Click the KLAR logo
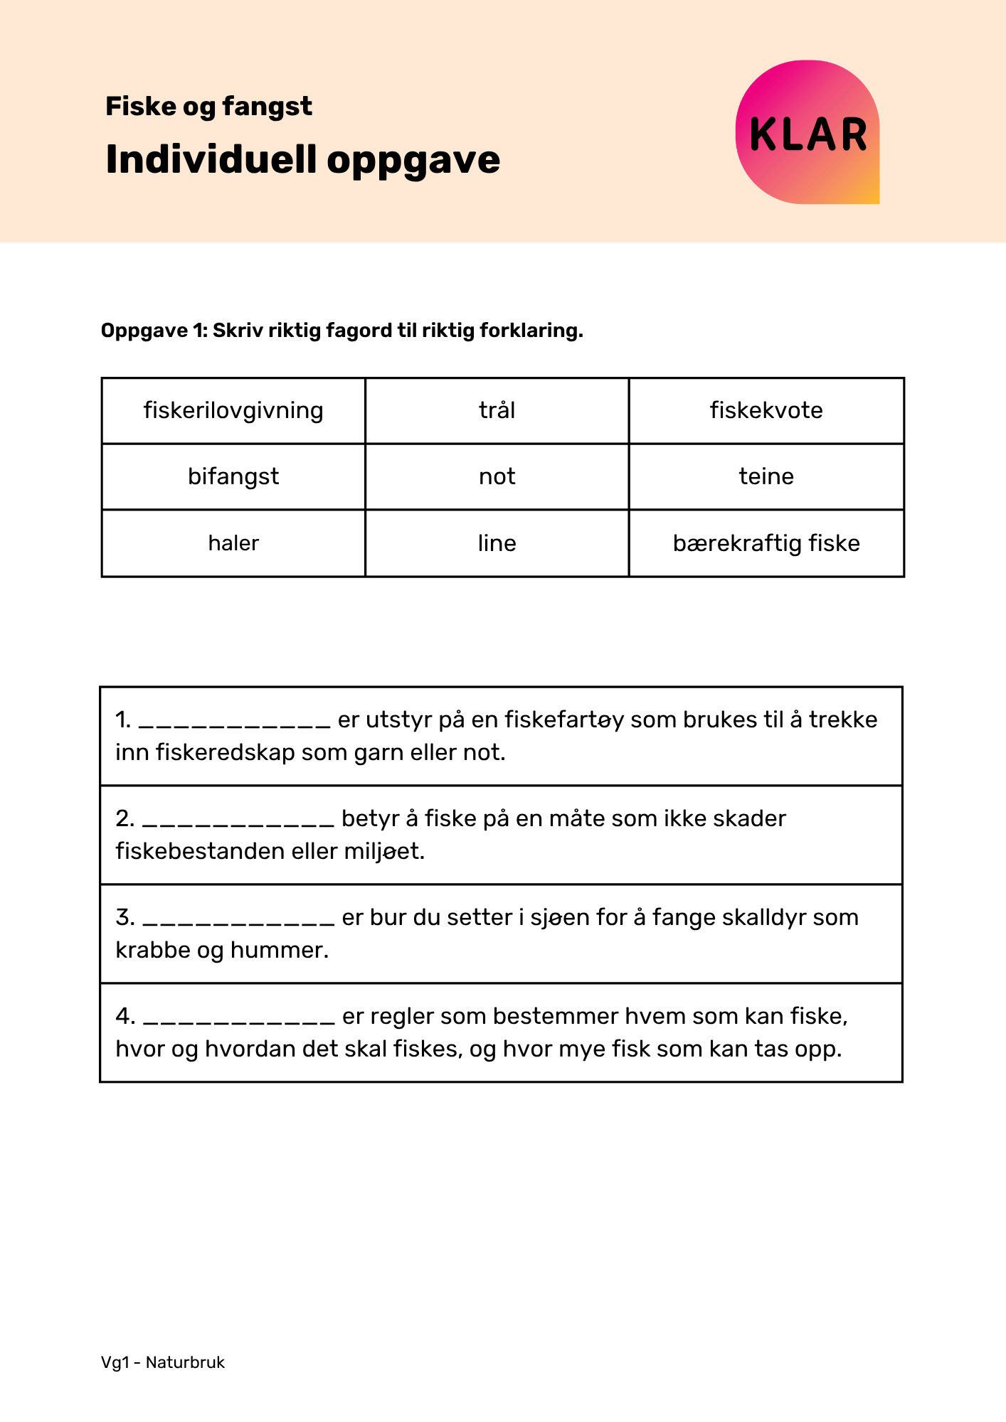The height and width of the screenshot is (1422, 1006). point(808,133)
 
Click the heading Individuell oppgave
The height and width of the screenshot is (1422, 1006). point(302,159)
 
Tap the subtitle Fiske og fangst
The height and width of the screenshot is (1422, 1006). point(208,107)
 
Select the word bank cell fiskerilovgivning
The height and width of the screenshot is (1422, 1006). point(233,411)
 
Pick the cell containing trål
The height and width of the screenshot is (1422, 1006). point(497,411)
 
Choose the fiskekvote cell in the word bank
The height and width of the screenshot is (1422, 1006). point(766,411)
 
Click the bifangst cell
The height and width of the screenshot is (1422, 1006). point(233,476)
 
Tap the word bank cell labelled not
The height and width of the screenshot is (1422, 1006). point(497,476)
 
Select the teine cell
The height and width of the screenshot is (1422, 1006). point(766,476)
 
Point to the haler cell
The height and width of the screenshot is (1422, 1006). point(233,543)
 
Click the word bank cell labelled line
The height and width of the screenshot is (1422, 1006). point(497,543)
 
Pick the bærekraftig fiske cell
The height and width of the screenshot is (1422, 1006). point(766,543)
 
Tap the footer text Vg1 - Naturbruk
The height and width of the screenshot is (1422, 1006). point(163,1363)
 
